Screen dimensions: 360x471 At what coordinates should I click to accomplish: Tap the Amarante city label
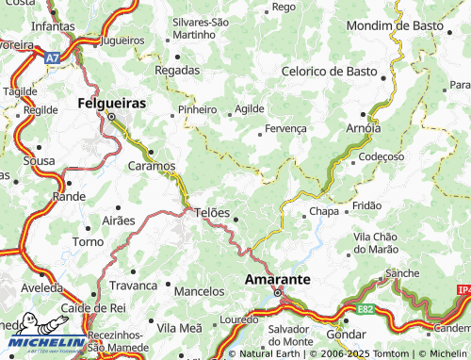(278, 280)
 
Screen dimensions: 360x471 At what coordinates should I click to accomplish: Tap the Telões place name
(212, 212)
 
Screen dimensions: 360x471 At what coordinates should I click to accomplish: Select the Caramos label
(151, 166)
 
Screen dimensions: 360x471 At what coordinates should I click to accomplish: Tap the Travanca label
(133, 285)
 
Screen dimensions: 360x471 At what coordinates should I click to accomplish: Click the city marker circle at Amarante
(278, 293)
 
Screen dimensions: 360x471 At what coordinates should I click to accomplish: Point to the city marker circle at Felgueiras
(111, 117)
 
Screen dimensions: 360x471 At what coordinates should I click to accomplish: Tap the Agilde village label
(250, 108)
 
